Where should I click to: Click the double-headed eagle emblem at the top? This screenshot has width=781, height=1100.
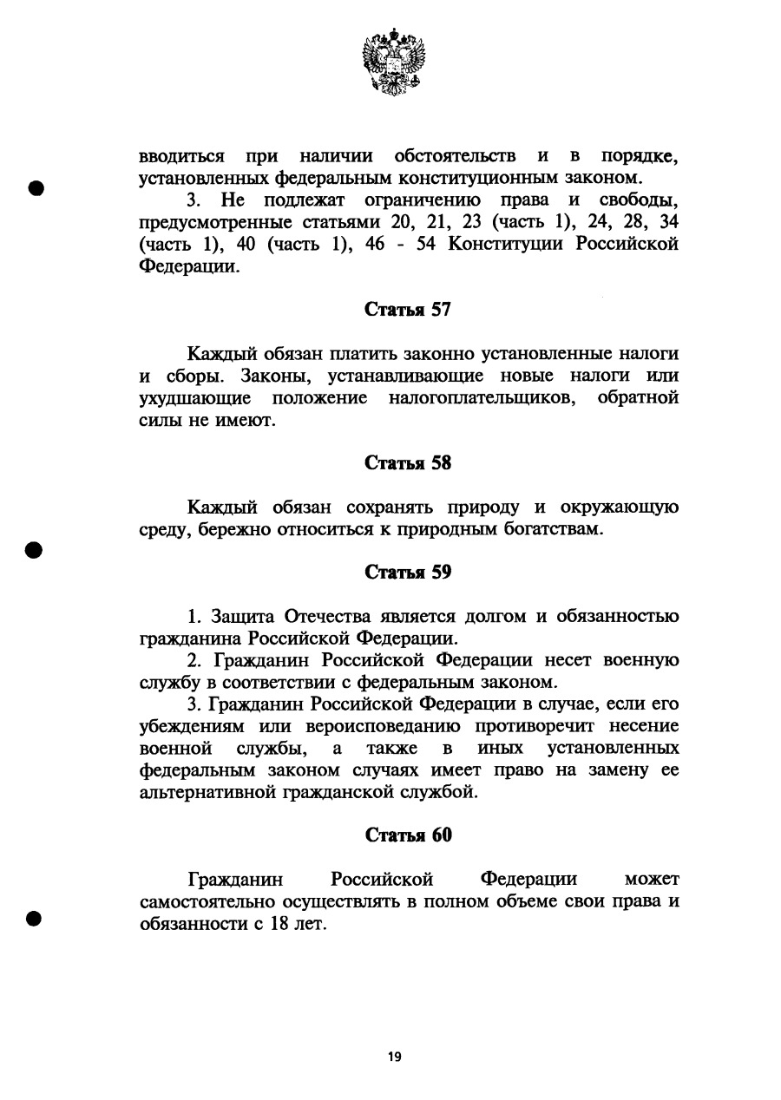394,61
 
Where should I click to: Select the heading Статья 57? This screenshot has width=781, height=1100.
408,311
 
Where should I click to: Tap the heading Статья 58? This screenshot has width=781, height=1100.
408,463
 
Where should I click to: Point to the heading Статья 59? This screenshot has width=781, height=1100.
408,573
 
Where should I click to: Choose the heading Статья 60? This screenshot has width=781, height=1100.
408,835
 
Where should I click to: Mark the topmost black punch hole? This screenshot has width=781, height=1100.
36,189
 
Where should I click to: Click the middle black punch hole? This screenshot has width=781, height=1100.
35,550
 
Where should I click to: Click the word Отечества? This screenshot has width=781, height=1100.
325,617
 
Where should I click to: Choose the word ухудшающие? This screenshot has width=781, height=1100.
195,399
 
